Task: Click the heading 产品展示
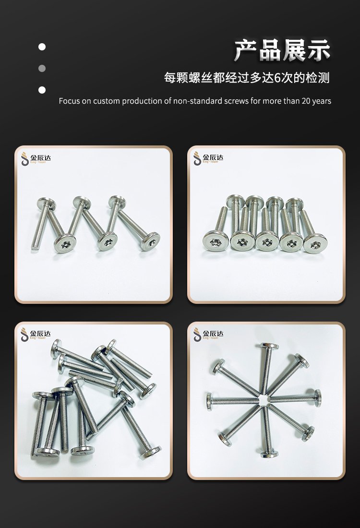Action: (282, 50)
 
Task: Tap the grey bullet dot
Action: (42, 68)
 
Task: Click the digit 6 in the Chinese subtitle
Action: (278, 78)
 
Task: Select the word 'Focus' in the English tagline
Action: (70, 101)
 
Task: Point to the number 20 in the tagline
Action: (306, 101)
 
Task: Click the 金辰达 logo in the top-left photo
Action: (36, 158)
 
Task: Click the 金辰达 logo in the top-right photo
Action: (208, 158)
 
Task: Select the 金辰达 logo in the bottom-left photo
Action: (36, 335)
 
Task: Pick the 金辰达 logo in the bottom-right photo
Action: (208, 335)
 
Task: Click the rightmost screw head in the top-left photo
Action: (150, 241)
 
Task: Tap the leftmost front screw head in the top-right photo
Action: (216, 241)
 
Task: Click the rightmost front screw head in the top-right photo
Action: (315, 243)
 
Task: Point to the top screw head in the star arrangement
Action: (269, 347)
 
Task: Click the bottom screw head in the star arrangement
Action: (269, 454)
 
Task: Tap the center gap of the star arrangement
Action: (265, 400)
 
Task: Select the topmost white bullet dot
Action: (42, 47)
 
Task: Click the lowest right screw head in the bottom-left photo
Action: (150, 453)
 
